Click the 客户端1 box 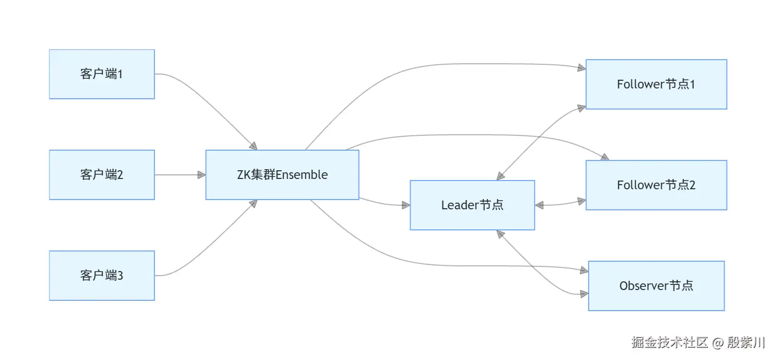coord(102,74)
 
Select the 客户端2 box coord(102,175)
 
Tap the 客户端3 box coord(102,276)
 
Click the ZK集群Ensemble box coord(282,175)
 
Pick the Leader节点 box coord(472,205)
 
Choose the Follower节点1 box coord(656,84)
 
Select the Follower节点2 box coord(656,185)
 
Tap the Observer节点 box coord(656,286)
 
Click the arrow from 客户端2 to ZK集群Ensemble coord(178,175)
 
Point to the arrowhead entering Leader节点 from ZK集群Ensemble coord(406,205)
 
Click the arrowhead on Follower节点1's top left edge coord(581,67)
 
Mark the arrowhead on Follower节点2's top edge coord(605,156)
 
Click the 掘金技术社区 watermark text coord(669,342)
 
